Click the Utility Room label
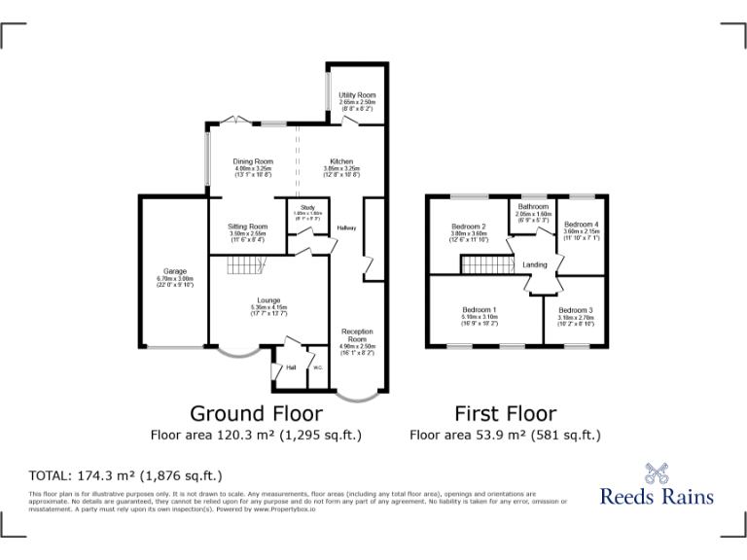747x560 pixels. click(357, 95)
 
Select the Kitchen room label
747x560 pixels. click(341, 161)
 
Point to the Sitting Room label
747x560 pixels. click(248, 227)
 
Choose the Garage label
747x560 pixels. click(175, 271)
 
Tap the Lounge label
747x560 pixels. click(268, 300)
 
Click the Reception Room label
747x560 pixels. click(357, 335)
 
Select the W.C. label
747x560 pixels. click(317, 367)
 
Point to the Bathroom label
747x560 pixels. click(533, 207)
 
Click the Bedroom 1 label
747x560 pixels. click(480, 310)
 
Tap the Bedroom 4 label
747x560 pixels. click(582, 225)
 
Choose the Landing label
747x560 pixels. click(534, 264)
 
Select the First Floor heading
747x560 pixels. click(505, 414)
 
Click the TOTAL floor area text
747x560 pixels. click(125, 475)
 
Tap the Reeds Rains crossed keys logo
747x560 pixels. click(657, 473)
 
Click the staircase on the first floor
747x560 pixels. click(486, 265)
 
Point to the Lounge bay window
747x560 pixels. click(236, 354)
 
